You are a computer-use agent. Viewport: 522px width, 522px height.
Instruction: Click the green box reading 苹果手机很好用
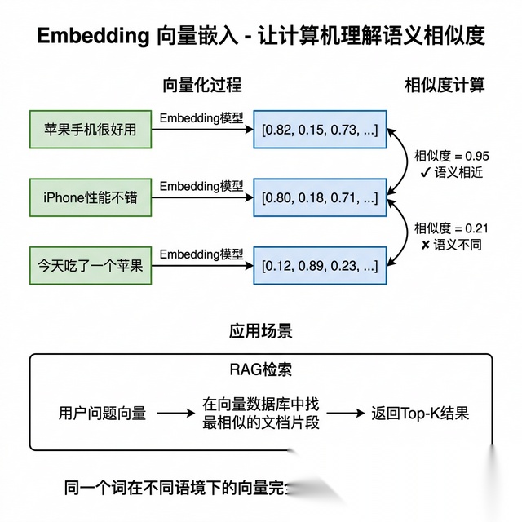pyautogui.click(x=91, y=129)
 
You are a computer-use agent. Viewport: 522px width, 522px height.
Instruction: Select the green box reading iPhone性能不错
pyautogui.click(x=91, y=197)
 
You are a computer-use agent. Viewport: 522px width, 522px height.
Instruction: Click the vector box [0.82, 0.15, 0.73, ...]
pyautogui.click(x=320, y=129)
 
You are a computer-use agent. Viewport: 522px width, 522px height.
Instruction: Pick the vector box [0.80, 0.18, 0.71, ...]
pyautogui.click(x=320, y=197)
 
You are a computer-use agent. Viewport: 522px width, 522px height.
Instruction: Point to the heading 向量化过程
pyautogui.click(x=203, y=85)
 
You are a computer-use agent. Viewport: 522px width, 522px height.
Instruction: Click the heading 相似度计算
pyautogui.click(x=445, y=85)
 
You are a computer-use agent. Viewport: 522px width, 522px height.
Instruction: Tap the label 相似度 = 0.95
pyautogui.click(x=452, y=155)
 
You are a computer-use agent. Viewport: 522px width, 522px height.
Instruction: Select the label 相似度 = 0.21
pyautogui.click(x=452, y=228)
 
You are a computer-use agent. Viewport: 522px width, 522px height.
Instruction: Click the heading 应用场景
pyautogui.click(x=261, y=332)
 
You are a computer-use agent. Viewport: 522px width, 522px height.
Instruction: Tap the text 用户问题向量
pyautogui.click(x=103, y=413)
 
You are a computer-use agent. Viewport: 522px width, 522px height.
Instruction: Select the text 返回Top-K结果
pyautogui.click(x=420, y=413)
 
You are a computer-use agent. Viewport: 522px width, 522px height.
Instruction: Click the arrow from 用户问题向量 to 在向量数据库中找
pyautogui.click(x=176, y=414)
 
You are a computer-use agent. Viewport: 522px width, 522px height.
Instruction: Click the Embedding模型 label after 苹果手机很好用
pyautogui.click(x=201, y=118)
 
